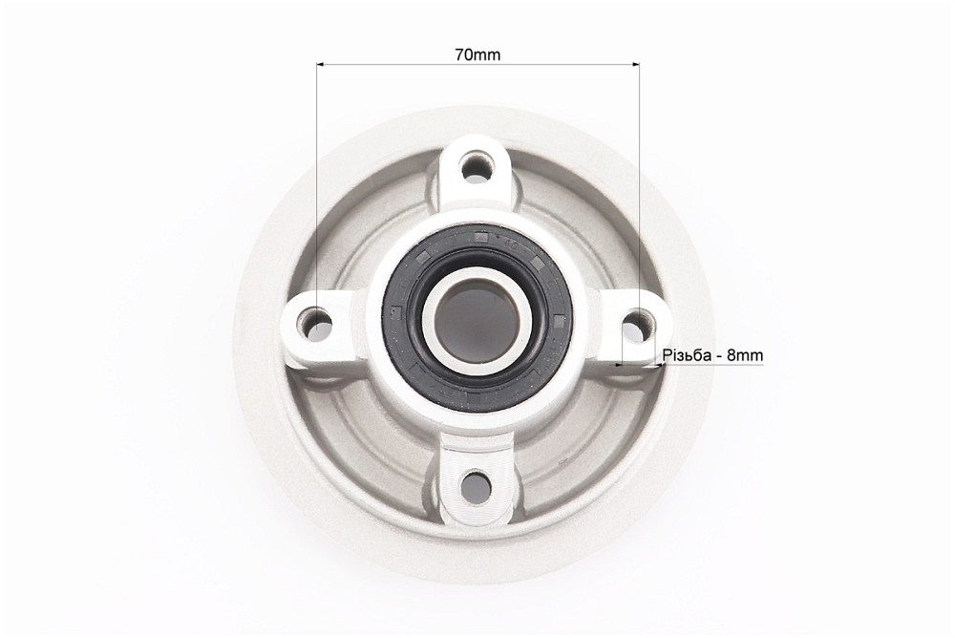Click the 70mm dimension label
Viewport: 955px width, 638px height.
pyautogui.click(x=477, y=54)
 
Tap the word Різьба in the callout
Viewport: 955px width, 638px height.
pyautogui.click(x=686, y=355)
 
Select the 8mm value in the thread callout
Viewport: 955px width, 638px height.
pyautogui.click(x=744, y=355)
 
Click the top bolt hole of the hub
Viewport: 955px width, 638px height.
pyautogui.click(x=476, y=166)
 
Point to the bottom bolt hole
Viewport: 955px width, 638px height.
pyautogui.click(x=476, y=487)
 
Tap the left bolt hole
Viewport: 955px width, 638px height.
pyautogui.click(x=315, y=324)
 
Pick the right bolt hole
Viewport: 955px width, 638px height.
pyautogui.click(x=636, y=325)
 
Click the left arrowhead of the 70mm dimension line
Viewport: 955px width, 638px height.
pyautogui.click(x=320, y=63)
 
